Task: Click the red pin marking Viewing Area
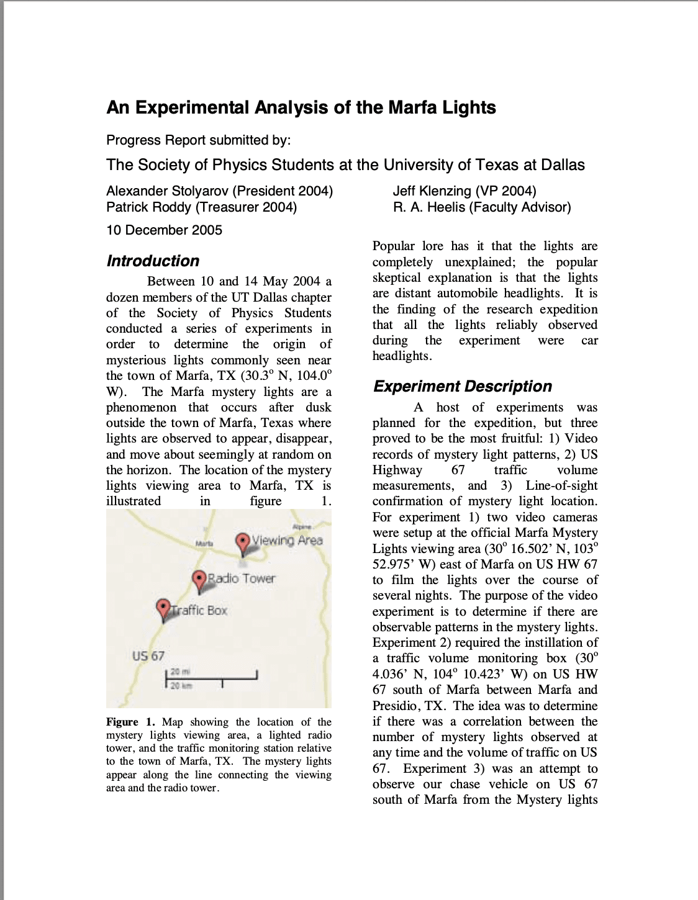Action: [243, 541]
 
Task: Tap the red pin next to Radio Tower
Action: [199, 580]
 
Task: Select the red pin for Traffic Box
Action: [163, 608]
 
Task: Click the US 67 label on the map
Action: [148, 655]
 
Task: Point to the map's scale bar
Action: [211, 678]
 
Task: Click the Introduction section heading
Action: [153, 261]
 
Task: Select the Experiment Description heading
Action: [462, 386]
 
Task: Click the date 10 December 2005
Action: [164, 230]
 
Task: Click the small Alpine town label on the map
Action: [302, 526]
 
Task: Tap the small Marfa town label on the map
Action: [204, 543]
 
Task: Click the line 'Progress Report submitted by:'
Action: [198, 140]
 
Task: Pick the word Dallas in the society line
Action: [558, 164]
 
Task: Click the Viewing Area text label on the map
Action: [287, 540]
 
